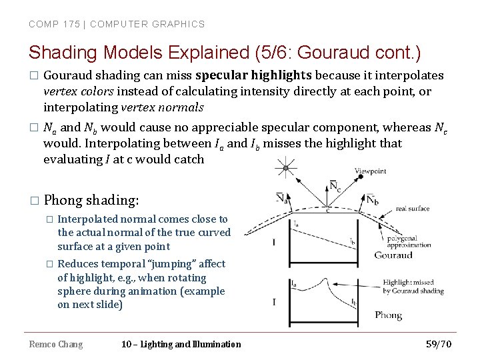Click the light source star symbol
pyautogui.click(x=285, y=167)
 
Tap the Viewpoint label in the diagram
pyautogui.click(x=370, y=171)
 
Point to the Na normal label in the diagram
pyautogui.click(x=283, y=198)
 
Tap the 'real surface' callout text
pyautogui.click(x=413, y=209)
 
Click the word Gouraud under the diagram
pyautogui.click(x=394, y=255)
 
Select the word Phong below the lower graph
pyautogui.click(x=388, y=315)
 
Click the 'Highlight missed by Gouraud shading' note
pyautogui.click(x=413, y=287)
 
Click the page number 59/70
pyautogui.click(x=439, y=344)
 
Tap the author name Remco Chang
pyautogui.click(x=56, y=344)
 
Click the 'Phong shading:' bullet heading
pyautogui.click(x=91, y=200)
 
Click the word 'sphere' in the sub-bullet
pyautogui.click(x=74, y=291)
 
